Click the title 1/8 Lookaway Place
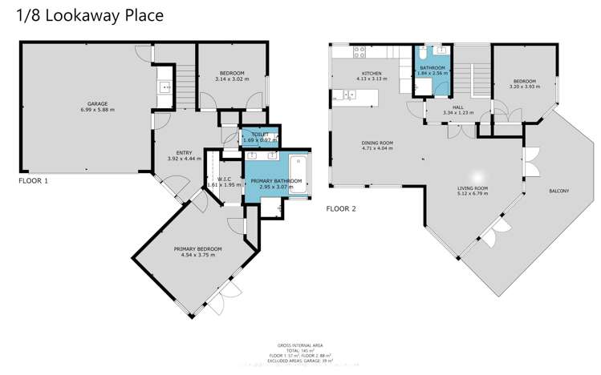coord(83,15)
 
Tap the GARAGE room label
coord(98,103)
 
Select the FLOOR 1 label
coord(34,181)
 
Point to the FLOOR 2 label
coord(341,208)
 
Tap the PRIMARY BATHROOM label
coord(276,182)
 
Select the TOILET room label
coord(260,134)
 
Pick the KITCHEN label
coord(370,74)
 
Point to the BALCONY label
coord(558,191)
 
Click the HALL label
coord(458,107)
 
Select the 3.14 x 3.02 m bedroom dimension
coord(233,79)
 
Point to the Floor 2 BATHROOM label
coord(432,67)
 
